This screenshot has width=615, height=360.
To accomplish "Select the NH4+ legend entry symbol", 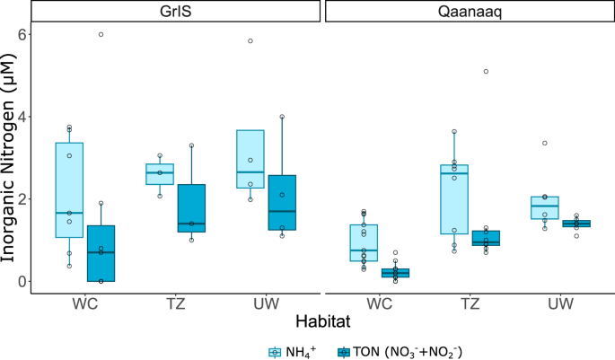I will pos(277,350).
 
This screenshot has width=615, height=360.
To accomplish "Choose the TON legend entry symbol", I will pos(344,350).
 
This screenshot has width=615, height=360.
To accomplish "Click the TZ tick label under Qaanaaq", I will pos(470,303).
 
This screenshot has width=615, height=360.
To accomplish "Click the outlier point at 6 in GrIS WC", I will pos(101,34).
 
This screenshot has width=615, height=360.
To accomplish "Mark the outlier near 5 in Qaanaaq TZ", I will pos(486,71).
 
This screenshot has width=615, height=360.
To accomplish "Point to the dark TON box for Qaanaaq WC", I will pos(395,273).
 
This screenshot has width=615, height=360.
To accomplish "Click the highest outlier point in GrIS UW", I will pos(250,40).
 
